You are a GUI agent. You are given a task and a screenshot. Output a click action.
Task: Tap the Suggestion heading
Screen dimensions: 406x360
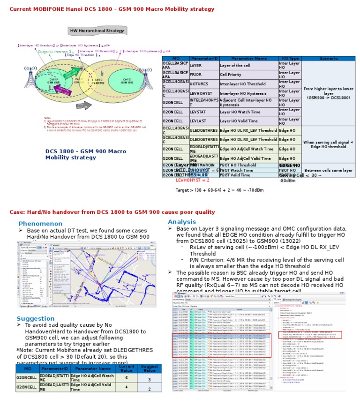[36, 318]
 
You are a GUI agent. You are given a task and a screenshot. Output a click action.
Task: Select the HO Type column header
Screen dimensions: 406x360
[290, 58]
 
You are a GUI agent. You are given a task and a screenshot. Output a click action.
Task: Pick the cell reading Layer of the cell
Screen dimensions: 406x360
[248, 65]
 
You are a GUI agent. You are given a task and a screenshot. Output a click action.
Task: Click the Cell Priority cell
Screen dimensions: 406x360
[248, 74]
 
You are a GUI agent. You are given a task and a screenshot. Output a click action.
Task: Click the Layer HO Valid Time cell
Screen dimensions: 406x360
[248, 121]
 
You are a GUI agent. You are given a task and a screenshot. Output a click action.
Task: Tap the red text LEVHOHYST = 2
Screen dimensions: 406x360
[193, 180]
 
